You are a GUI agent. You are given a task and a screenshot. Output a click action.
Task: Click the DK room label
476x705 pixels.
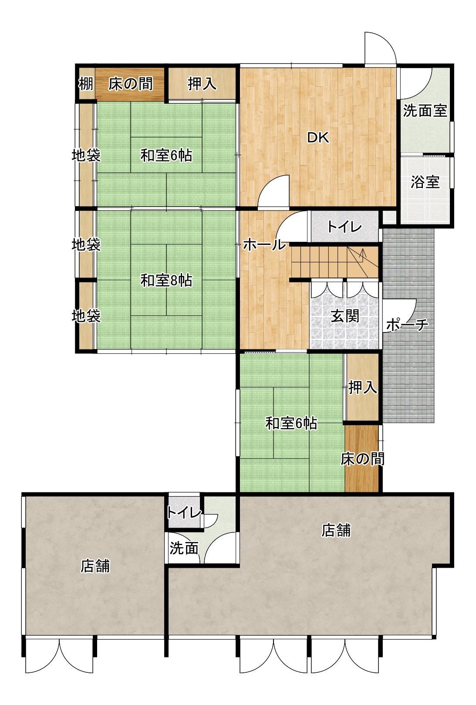coord(318,138)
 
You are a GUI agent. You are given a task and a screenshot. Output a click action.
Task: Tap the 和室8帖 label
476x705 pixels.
coord(166,281)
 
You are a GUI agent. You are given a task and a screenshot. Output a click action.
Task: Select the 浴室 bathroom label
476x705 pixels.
coord(425,182)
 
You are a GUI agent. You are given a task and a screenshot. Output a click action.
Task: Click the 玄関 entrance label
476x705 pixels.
coord(345,316)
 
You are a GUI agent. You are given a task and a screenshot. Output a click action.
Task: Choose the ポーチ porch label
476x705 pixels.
coord(407,325)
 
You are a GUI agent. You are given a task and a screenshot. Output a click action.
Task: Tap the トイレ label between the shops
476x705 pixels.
coord(184,513)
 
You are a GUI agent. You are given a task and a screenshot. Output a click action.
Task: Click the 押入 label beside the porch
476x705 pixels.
coord(363,387)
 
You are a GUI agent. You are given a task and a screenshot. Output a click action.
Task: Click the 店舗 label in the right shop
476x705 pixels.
coord(336,530)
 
